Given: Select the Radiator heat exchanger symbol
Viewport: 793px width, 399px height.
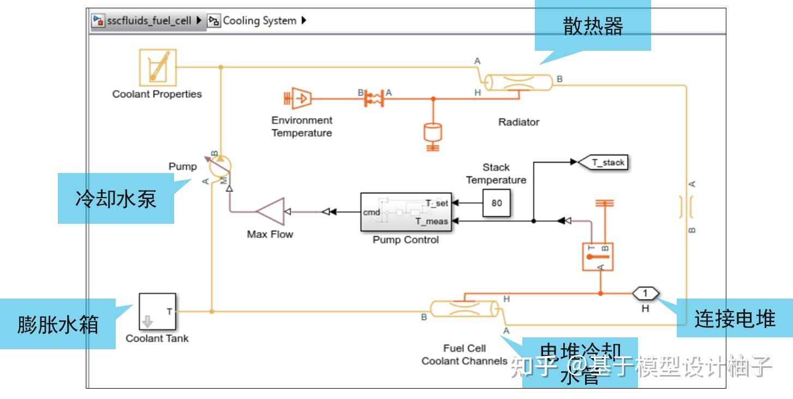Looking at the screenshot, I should [519, 82].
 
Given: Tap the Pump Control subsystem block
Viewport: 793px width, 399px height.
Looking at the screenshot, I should [406, 212].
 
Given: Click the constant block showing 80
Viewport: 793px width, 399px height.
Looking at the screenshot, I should [496, 203].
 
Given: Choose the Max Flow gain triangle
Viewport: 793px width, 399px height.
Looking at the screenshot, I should [271, 212].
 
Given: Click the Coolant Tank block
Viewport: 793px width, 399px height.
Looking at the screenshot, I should [157, 312].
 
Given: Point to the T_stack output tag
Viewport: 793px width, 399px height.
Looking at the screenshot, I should [603, 162].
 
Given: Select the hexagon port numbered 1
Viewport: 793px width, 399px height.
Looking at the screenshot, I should [646, 294].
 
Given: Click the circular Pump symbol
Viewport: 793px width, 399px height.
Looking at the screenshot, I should [220, 164].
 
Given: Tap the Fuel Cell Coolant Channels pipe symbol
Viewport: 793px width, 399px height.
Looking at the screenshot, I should [464, 308].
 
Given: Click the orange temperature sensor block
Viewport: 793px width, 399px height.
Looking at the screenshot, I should [598, 257].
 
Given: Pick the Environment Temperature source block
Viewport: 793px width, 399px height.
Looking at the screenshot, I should [298, 98].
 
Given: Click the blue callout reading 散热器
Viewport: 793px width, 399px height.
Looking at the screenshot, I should [593, 26].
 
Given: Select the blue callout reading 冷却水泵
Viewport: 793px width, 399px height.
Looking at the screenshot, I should [116, 199].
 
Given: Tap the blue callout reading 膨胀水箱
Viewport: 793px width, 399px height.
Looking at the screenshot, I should [57, 324].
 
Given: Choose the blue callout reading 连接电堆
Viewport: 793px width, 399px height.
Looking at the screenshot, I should [735, 318].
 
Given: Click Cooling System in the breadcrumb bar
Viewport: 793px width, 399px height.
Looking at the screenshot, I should [259, 21].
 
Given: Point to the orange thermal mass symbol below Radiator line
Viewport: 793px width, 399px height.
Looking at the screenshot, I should [433, 134].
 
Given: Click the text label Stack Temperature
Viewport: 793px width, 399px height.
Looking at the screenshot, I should [496, 174].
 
